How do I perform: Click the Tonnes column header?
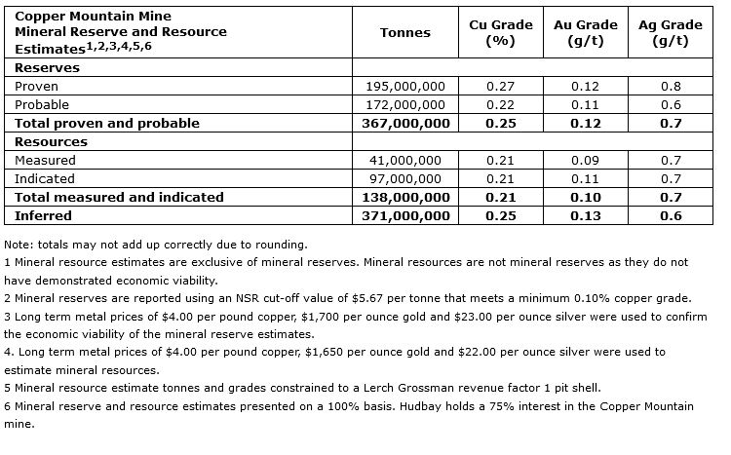click(x=405, y=32)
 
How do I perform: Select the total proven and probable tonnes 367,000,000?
click(x=405, y=124)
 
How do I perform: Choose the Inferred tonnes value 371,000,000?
click(x=405, y=215)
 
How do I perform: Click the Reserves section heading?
click(x=48, y=68)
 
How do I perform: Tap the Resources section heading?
click(x=52, y=142)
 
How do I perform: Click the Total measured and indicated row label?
click(x=119, y=197)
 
